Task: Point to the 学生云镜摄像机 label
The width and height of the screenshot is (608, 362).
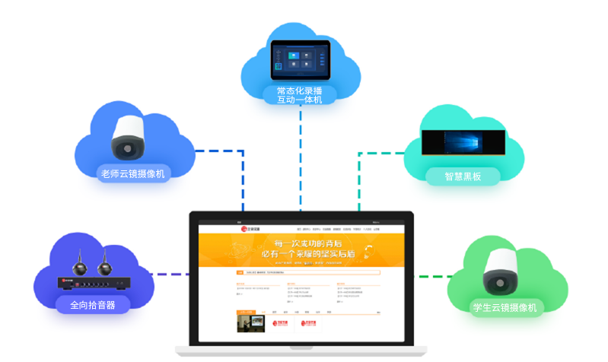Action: point(505,307)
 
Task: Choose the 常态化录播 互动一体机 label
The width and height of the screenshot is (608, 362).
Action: point(300,95)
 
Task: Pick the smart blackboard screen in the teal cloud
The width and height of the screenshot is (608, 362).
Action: point(464,144)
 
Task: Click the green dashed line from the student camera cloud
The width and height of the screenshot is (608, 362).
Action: point(431,274)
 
